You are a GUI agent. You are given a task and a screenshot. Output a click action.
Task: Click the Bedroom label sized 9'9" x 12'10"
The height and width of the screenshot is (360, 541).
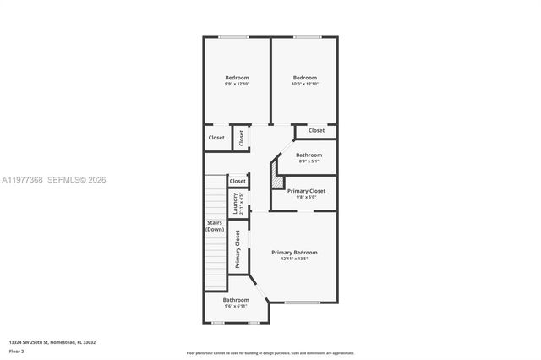pos(236,78)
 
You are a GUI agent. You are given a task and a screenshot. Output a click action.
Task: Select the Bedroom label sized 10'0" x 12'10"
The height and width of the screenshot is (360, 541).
pos(304,78)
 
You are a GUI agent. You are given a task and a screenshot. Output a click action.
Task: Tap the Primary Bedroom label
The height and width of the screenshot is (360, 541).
pos(294,252)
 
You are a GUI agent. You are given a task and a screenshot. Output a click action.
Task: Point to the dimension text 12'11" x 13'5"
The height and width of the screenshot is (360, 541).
pos(294,259)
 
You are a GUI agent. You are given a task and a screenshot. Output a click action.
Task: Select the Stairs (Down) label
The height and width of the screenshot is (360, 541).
pos(215,226)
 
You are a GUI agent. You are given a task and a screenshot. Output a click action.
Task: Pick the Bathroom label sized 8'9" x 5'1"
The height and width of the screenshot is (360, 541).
pos(309,155)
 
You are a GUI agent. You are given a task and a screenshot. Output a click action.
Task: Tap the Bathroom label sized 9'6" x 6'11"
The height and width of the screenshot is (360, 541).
pos(236,300)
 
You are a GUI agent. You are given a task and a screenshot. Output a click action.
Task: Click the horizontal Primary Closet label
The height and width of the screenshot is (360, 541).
pos(306,191)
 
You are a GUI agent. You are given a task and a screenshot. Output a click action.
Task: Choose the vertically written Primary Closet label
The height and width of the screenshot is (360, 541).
pos(238,249)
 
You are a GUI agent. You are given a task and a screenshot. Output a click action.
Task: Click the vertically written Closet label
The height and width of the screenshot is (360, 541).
pos(241,138)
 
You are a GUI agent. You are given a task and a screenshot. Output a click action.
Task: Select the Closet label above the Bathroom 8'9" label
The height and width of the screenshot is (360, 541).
pos(316,130)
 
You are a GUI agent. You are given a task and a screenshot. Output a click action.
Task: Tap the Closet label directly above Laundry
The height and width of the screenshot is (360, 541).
pos(238,181)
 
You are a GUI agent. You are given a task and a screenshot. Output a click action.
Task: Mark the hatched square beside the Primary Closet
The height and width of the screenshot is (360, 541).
pos(276,180)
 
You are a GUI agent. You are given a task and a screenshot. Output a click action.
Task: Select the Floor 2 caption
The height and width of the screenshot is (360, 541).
pos(17,349)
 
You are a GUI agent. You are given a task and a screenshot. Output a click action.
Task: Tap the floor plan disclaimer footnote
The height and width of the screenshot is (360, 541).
pos(270,352)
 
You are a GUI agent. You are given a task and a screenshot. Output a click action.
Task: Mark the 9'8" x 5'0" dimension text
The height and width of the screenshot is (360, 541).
pos(306,198)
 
